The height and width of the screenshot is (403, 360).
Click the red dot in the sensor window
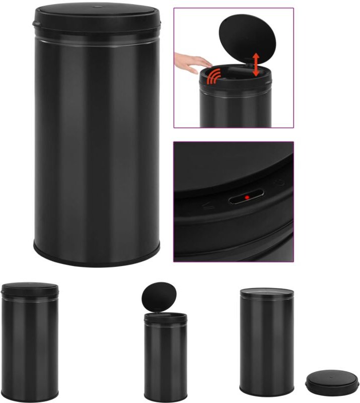(x=247, y=197)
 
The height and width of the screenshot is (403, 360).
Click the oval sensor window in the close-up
(x=247, y=198)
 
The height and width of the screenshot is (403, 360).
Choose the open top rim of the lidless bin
(x=266, y=292)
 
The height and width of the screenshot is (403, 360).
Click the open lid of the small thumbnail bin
(x=157, y=296)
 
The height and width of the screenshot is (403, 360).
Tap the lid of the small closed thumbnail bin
(x=30, y=288)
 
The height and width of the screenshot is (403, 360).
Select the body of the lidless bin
(x=266, y=343)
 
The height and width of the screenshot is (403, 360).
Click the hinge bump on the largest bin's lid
(x=34, y=23)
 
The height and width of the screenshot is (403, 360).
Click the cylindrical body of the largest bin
(x=97, y=141)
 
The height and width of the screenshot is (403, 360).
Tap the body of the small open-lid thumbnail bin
(x=165, y=358)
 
